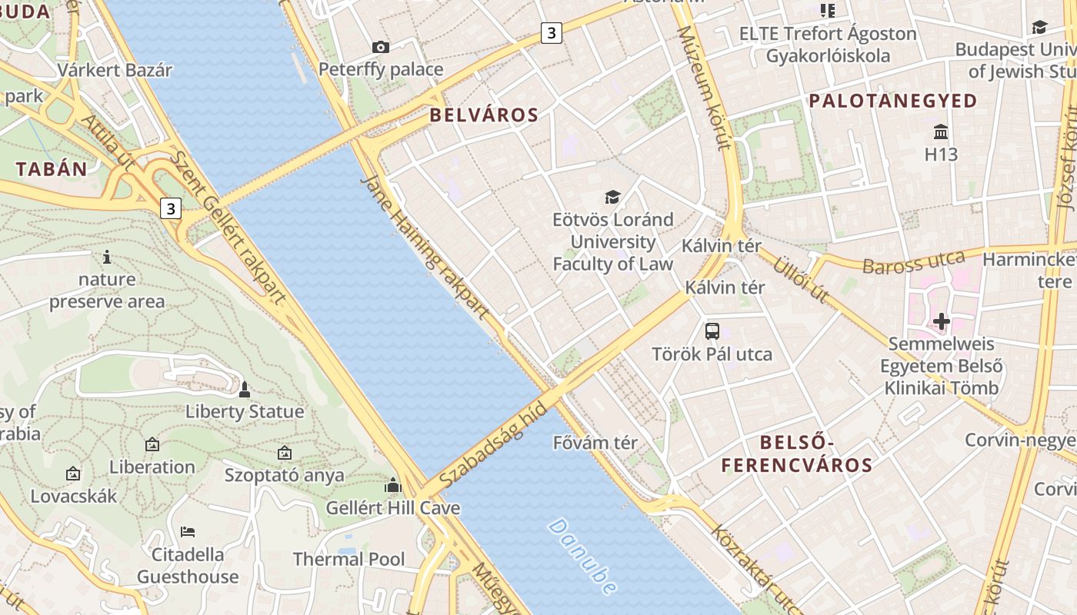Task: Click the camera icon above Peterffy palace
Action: pos(381,48)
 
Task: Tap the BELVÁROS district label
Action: pos(484,115)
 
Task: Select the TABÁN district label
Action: pos(52,169)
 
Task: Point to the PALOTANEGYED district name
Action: pos(892,101)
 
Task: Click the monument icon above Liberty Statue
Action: pos(245,390)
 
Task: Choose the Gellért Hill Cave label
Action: pos(393,508)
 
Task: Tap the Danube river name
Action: pos(582,557)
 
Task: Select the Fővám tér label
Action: pos(595,443)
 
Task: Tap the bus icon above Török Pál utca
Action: pos(712,331)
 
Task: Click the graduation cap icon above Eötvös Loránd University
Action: pos(612,198)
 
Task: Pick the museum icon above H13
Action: pos(941,131)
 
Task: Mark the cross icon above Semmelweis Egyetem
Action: pos(942,321)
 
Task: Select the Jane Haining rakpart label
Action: pos(425,248)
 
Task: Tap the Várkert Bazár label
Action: pos(115,70)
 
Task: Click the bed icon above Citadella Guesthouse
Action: pos(188,531)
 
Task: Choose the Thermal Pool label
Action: pos(348,559)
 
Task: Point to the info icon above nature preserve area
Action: pos(107,257)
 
